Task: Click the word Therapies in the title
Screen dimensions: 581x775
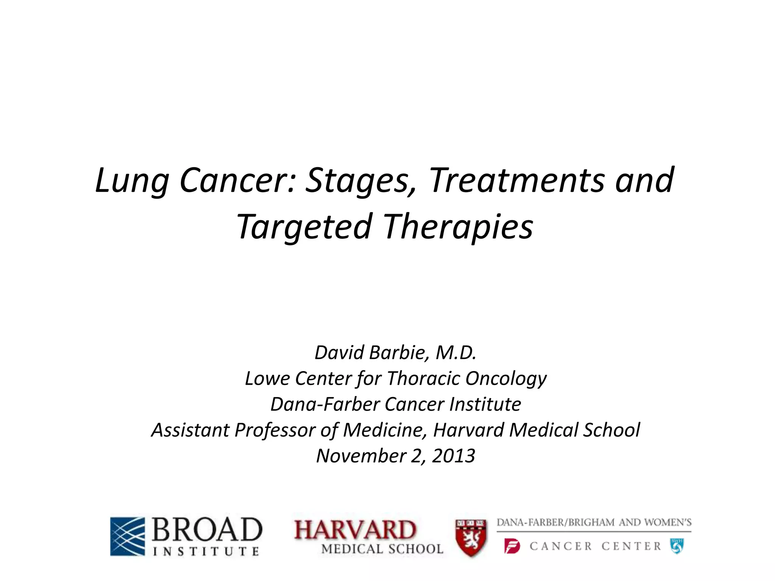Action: (x=458, y=227)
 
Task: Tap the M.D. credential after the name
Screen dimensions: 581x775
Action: (x=456, y=353)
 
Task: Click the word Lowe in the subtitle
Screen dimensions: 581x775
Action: (x=268, y=378)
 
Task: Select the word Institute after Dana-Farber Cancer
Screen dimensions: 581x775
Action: (x=485, y=404)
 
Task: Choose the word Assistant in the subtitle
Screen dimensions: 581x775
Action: (x=190, y=430)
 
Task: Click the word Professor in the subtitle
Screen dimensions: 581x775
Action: (x=275, y=430)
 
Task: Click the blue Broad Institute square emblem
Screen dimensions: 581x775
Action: (x=128, y=536)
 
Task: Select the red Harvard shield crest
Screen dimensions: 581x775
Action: (x=471, y=538)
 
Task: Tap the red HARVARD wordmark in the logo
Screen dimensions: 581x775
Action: (x=355, y=530)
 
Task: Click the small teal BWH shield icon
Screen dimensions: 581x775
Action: (x=677, y=546)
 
